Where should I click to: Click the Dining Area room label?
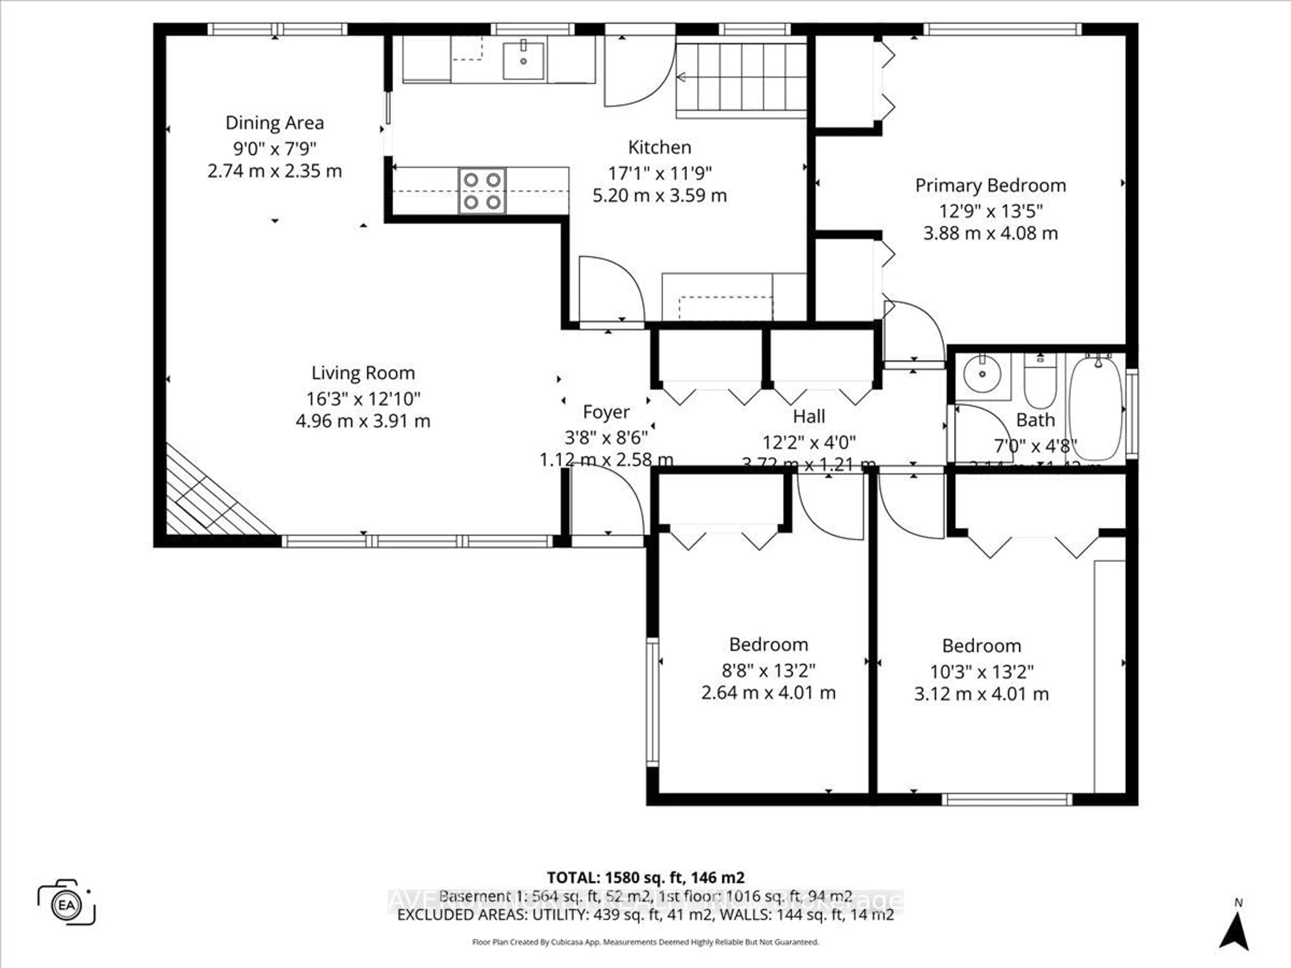274,123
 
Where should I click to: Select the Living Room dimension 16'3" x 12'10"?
363,399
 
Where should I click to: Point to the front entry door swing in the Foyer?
607,502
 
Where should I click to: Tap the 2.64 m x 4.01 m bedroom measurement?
768,693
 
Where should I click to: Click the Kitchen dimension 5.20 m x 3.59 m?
660,196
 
